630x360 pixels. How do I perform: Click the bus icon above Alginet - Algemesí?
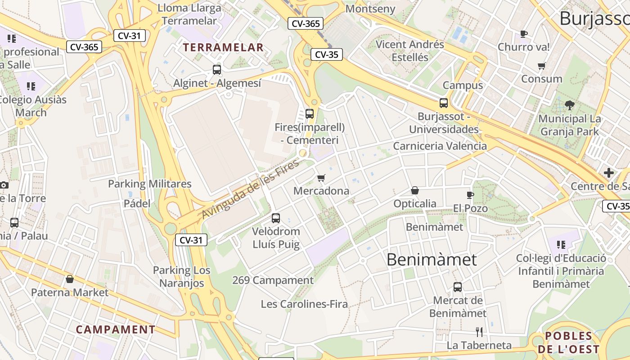click(x=217, y=69)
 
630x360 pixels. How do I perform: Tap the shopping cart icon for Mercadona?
click(x=321, y=178)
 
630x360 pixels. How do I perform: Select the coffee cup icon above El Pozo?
click(x=470, y=195)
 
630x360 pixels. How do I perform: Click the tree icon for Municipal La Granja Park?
click(x=569, y=105)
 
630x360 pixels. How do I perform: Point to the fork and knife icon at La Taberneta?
click(x=479, y=332)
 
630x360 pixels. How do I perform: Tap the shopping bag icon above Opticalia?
click(x=415, y=191)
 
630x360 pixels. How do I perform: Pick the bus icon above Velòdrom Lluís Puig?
click(x=276, y=218)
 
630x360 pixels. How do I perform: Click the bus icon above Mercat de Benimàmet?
click(x=458, y=287)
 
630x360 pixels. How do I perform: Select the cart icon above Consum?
click(x=542, y=66)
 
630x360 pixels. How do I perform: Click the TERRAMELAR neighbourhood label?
click(x=223, y=47)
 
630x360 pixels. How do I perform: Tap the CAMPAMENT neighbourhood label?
click(x=116, y=329)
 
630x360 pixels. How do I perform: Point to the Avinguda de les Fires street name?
click(x=250, y=189)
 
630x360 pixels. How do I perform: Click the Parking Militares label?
click(x=149, y=184)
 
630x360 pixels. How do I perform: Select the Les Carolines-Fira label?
click(x=304, y=304)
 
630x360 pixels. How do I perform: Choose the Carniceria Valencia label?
click(x=440, y=146)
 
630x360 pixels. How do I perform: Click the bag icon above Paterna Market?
click(x=70, y=279)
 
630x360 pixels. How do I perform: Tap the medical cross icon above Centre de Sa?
click(x=609, y=173)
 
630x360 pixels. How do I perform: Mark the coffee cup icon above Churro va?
click(x=524, y=34)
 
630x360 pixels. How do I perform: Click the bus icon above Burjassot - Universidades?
click(x=444, y=103)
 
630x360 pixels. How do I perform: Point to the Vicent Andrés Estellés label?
click(x=410, y=51)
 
